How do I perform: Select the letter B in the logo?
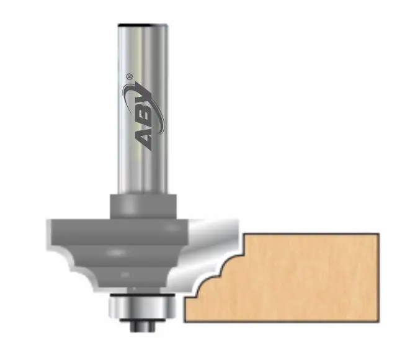[x=142, y=118]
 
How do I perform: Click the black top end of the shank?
[x=141, y=24]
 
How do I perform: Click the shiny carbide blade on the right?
[x=214, y=248]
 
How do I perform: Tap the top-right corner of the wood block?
[x=378, y=235]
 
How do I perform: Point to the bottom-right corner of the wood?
[x=378, y=322]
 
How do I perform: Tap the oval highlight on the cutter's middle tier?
[x=118, y=253]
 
